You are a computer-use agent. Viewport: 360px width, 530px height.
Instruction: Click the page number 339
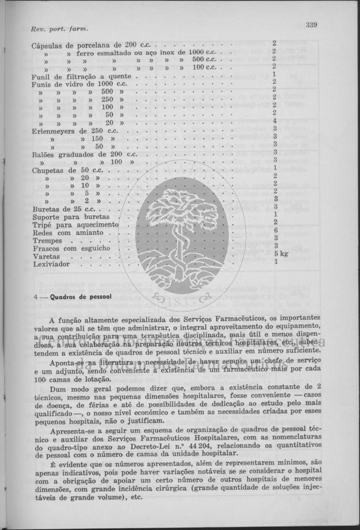pos(311,24)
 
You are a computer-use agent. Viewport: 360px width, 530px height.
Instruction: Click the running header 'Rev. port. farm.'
pos(52,28)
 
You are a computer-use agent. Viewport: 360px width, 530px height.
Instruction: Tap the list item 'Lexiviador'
pos(51,264)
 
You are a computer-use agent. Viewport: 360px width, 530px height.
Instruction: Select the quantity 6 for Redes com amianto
pos(276,231)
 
